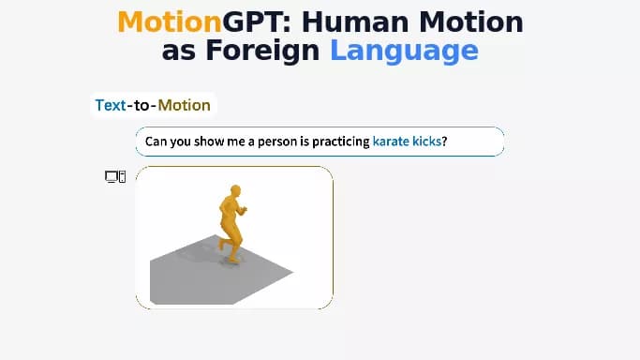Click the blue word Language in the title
pos(404,50)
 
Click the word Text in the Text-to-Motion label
pos(110,105)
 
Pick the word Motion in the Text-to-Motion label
pos(184,105)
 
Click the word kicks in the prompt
pos(426,142)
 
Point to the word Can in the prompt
pos(156,142)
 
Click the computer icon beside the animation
pos(114,176)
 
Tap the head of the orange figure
pos(233,192)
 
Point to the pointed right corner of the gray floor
pos(292,273)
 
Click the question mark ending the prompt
pos(444,142)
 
